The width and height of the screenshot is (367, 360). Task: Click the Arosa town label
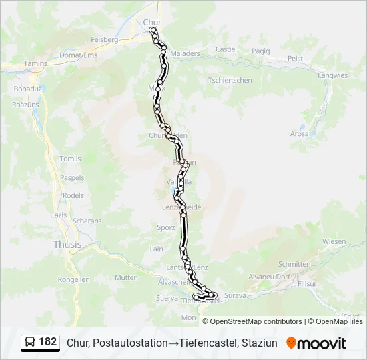(300, 133)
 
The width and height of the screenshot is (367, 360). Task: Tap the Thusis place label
(67, 245)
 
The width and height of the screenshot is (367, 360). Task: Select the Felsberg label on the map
(105, 40)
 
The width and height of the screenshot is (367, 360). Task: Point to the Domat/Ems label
(78, 55)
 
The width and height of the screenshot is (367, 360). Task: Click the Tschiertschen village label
(230, 80)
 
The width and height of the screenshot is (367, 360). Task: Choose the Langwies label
(333, 75)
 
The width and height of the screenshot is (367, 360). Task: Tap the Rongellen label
(74, 280)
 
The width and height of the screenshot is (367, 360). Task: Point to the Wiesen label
(334, 241)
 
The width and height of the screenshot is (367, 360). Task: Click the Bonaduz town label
(27, 89)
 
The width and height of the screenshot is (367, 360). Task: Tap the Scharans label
(87, 221)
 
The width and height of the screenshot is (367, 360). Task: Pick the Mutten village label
(126, 277)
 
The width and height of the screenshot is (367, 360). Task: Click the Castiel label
(226, 49)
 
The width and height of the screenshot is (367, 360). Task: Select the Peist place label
(295, 59)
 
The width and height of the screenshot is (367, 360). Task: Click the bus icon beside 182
(30, 343)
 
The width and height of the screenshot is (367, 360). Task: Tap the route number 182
(48, 342)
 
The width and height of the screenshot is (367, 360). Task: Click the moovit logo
(316, 343)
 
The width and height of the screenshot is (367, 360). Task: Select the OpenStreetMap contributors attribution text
(252, 321)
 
